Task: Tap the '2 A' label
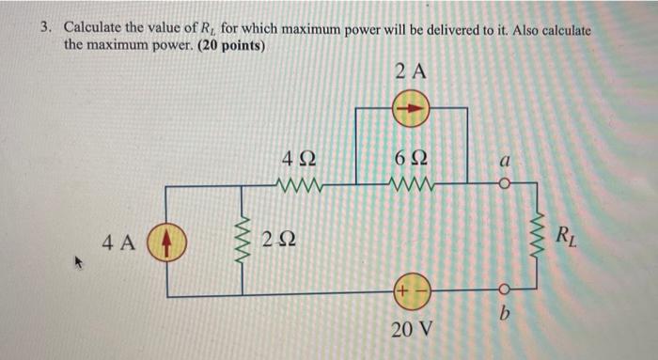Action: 411,71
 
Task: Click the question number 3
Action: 44,29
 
